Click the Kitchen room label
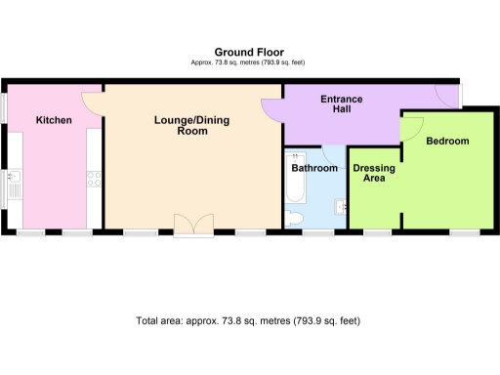tap(53, 120)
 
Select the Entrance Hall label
tap(342, 104)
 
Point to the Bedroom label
tap(447, 142)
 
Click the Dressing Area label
tap(374, 174)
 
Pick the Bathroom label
tap(314, 168)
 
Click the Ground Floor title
tap(248, 52)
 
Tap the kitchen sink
tap(13, 184)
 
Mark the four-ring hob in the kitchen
tap(95, 179)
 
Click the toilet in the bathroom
tap(296, 218)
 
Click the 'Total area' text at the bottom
tap(248, 320)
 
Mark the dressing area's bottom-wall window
tap(377, 231)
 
